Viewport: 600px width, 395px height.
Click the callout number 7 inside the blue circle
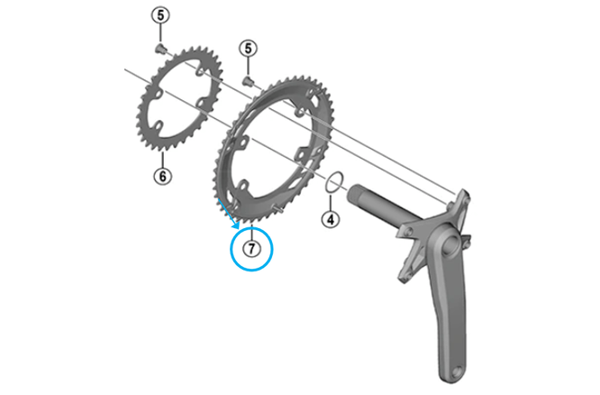click(252, 245)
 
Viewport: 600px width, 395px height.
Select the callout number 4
click(330, 219)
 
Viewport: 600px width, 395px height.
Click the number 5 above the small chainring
click(159, 16)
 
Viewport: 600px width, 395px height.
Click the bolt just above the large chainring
click(250, 81)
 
